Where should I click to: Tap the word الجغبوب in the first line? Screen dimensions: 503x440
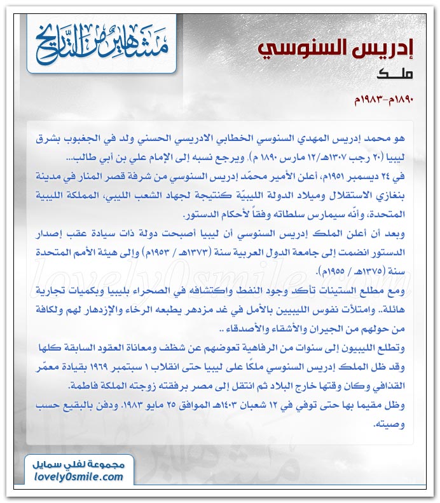click(113, 137)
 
